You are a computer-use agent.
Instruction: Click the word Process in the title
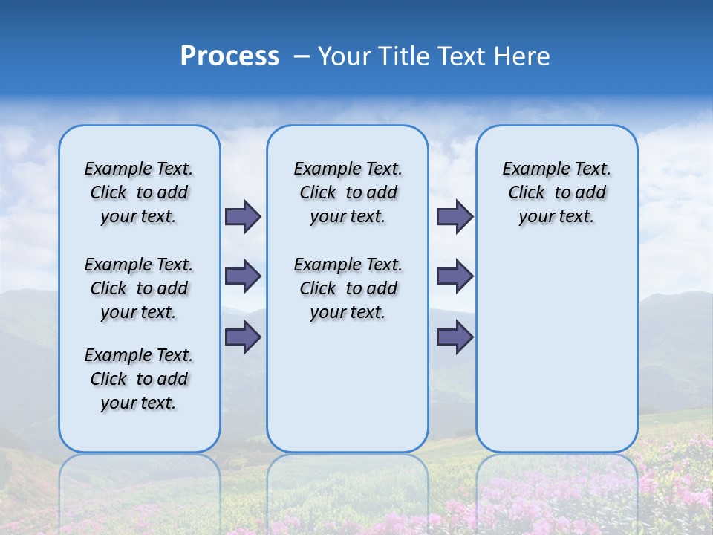229,56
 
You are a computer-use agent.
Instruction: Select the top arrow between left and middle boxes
243,216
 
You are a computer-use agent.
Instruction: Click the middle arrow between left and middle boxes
243,276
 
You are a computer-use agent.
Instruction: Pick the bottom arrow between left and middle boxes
243,337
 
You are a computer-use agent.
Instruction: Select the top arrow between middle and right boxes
455,216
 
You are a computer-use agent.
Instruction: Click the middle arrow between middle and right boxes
455,276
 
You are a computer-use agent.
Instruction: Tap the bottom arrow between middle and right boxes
455,337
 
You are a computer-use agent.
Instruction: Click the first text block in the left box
139,192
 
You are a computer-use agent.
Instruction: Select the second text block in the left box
139,288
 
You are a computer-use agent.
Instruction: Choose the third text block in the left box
139,379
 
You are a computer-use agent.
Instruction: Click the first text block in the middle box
348,192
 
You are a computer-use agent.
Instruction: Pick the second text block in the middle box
348,288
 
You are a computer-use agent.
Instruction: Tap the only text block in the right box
557,192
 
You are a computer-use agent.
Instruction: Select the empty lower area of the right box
557,342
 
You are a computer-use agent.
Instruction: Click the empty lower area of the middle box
348,386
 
